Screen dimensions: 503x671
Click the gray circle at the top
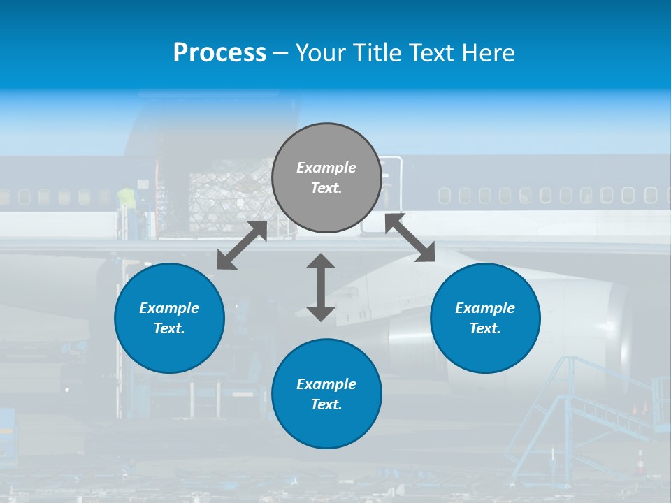point(326,178)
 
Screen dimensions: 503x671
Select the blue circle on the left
point(169,319)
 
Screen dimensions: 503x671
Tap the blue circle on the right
point(485,319)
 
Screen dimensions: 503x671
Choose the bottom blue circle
point(326,394)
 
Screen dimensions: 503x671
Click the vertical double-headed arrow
point(321,287)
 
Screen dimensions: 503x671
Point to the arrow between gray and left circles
point(242,245)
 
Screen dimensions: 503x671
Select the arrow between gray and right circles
point(410,238)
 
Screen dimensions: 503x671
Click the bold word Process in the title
point(219,52)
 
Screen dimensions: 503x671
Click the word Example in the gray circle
point(326,168)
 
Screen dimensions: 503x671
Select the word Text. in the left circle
point(169,328)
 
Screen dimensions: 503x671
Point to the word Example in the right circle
point(485,308)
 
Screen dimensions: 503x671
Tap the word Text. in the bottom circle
point(326,404)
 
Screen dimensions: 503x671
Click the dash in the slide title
point(281,53)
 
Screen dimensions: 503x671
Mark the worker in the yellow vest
point(126,198)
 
